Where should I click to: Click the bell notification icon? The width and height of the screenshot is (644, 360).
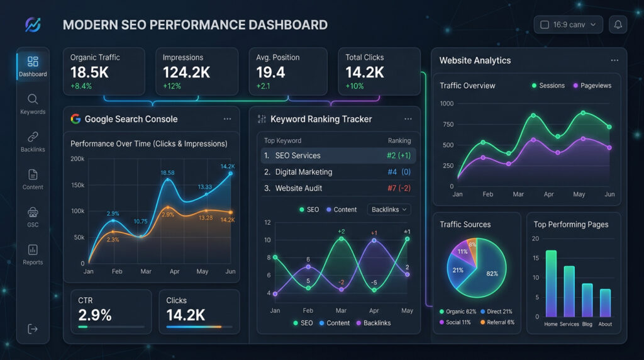click(x=618, y=25)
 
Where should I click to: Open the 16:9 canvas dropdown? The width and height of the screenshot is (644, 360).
click(x=568, y=25)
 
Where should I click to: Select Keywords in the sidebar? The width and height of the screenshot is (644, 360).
click(x=33, y=104)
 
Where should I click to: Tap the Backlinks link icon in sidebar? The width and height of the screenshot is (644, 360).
click(x=33, y=137)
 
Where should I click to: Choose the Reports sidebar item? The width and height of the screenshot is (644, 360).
click(x=33, y=254)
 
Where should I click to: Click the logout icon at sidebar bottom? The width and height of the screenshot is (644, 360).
click(x=33, y=329)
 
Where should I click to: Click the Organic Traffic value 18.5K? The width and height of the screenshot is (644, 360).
click(x=89, y=72)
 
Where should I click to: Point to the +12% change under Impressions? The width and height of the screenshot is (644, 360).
click(x=172, y=86)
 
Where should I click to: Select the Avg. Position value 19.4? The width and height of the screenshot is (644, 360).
click(x=270, y=72)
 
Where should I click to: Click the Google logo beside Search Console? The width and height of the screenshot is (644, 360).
click(x=76, y=119)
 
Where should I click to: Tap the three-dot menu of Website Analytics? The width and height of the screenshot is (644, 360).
click(x=614, y=60)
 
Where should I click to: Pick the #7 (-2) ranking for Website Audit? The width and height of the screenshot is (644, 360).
click(x=399, y=188)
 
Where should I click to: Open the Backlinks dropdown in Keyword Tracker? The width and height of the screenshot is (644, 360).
click(x=389, y=210)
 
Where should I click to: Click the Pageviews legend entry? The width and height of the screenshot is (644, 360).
click(x=592, y=86)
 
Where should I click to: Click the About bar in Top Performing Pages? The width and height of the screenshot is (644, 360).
click(x=605, y=303)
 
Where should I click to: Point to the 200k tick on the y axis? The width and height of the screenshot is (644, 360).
click(x=77, y=159)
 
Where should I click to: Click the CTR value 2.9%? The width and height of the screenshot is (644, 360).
click(x=94, y=315)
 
